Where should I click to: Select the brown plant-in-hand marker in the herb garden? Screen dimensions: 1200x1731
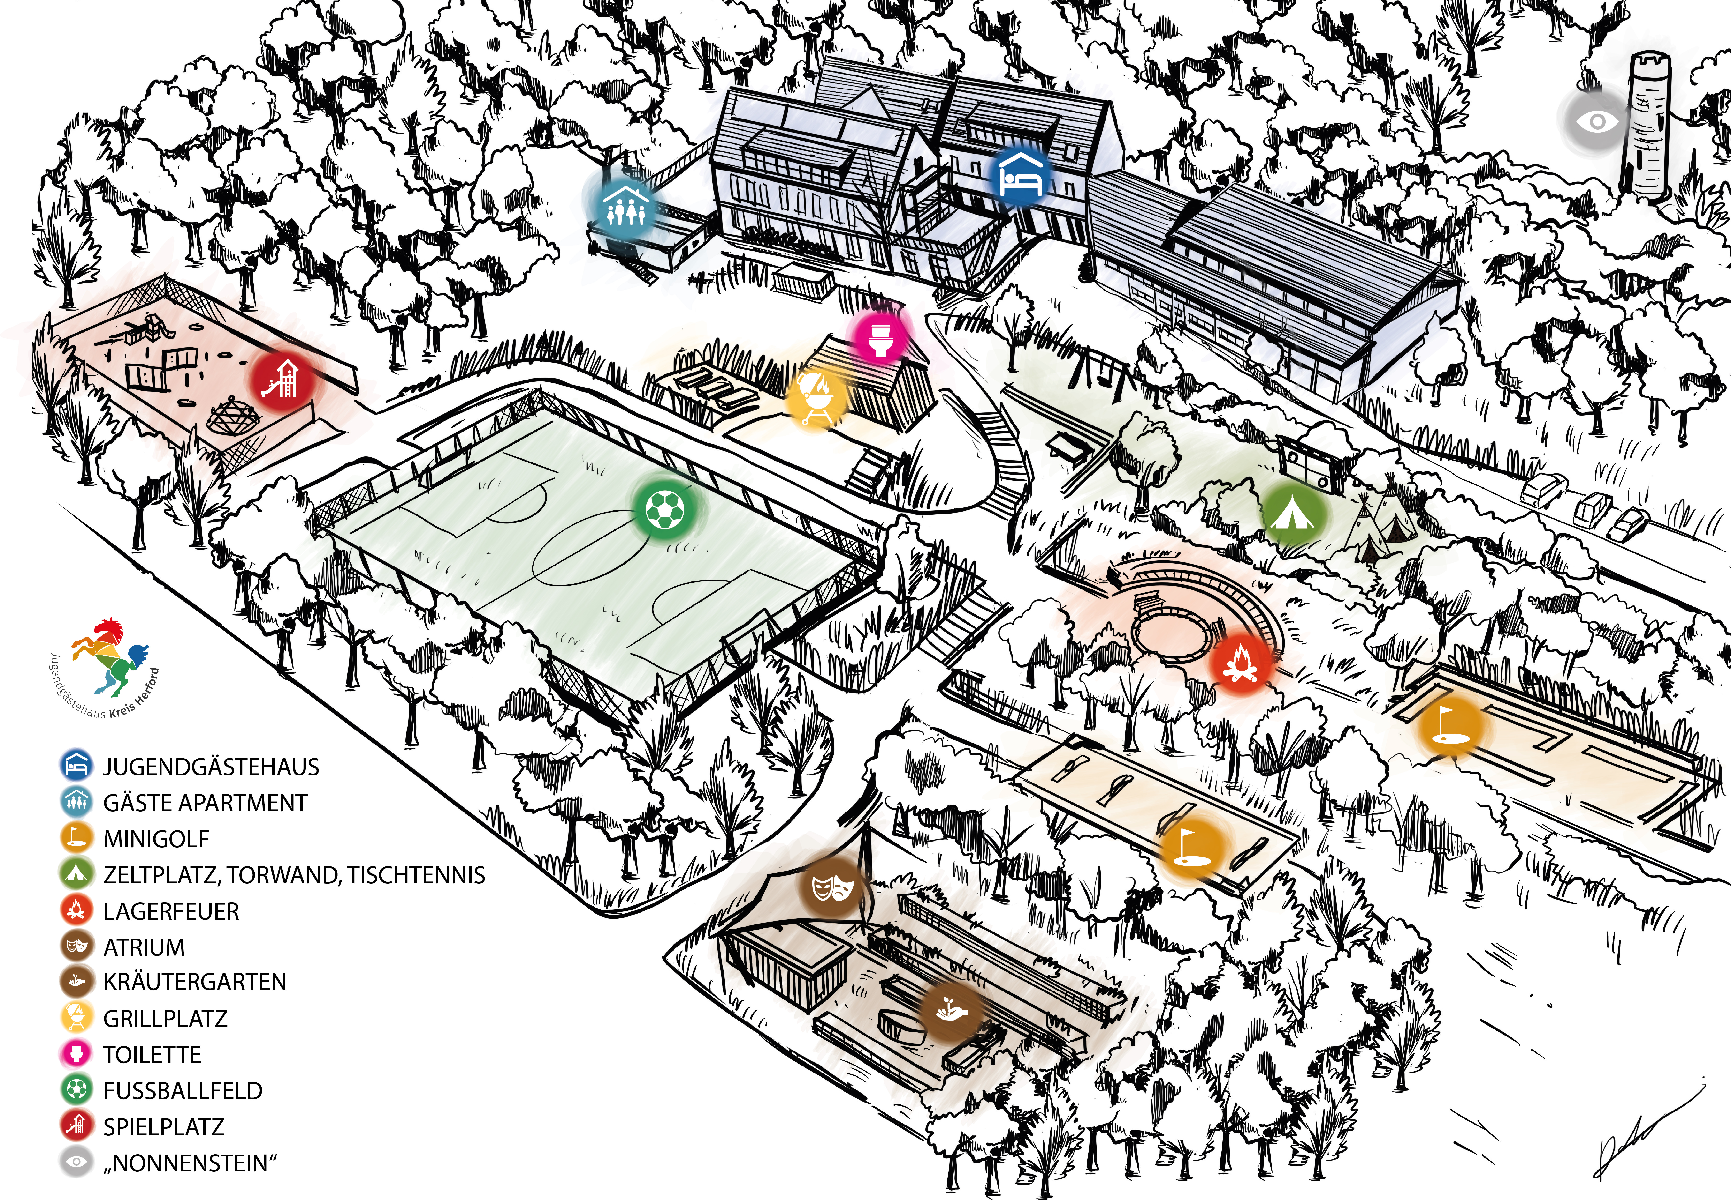pyautogui.click(x=952, y=1012)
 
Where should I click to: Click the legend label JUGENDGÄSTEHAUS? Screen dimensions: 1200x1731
pyautogui.click(x=211, y=767)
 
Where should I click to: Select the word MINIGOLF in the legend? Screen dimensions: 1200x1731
pyautogui.click(x=156, y=838)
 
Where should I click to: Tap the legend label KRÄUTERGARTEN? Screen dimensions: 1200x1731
pyautogui.click(x=194, y=982)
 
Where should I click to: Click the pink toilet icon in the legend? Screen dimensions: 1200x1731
pyautogui.click(x=76, y=1053)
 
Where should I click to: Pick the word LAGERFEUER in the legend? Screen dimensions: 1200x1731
pyautogui.click(x=171, y=911)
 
